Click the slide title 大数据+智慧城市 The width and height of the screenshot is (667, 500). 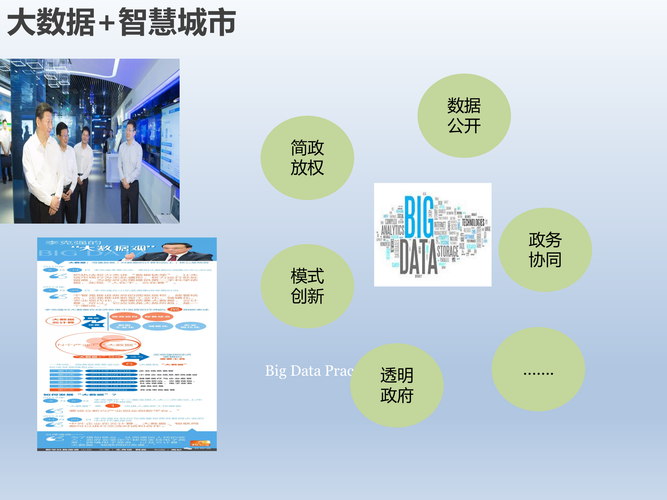coord(121,22)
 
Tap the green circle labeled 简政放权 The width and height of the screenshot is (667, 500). coord(307,158)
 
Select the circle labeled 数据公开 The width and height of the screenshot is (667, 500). coord(464,116)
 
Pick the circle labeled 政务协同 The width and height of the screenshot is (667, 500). coord(545,250)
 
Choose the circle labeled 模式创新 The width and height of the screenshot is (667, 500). coord(307,286)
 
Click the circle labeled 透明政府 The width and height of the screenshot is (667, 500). coord(397,385)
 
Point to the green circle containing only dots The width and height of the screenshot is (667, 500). coord(538,369)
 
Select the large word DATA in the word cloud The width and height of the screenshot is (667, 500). coord(419,257)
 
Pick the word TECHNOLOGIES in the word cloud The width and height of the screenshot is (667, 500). coord(473,223)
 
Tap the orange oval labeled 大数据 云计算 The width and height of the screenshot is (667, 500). coord(63,321)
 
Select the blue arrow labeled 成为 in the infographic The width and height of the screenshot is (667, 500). coord(138,357)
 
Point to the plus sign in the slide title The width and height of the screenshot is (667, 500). coord(107,24)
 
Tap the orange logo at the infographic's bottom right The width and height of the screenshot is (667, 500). coord(200,443)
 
